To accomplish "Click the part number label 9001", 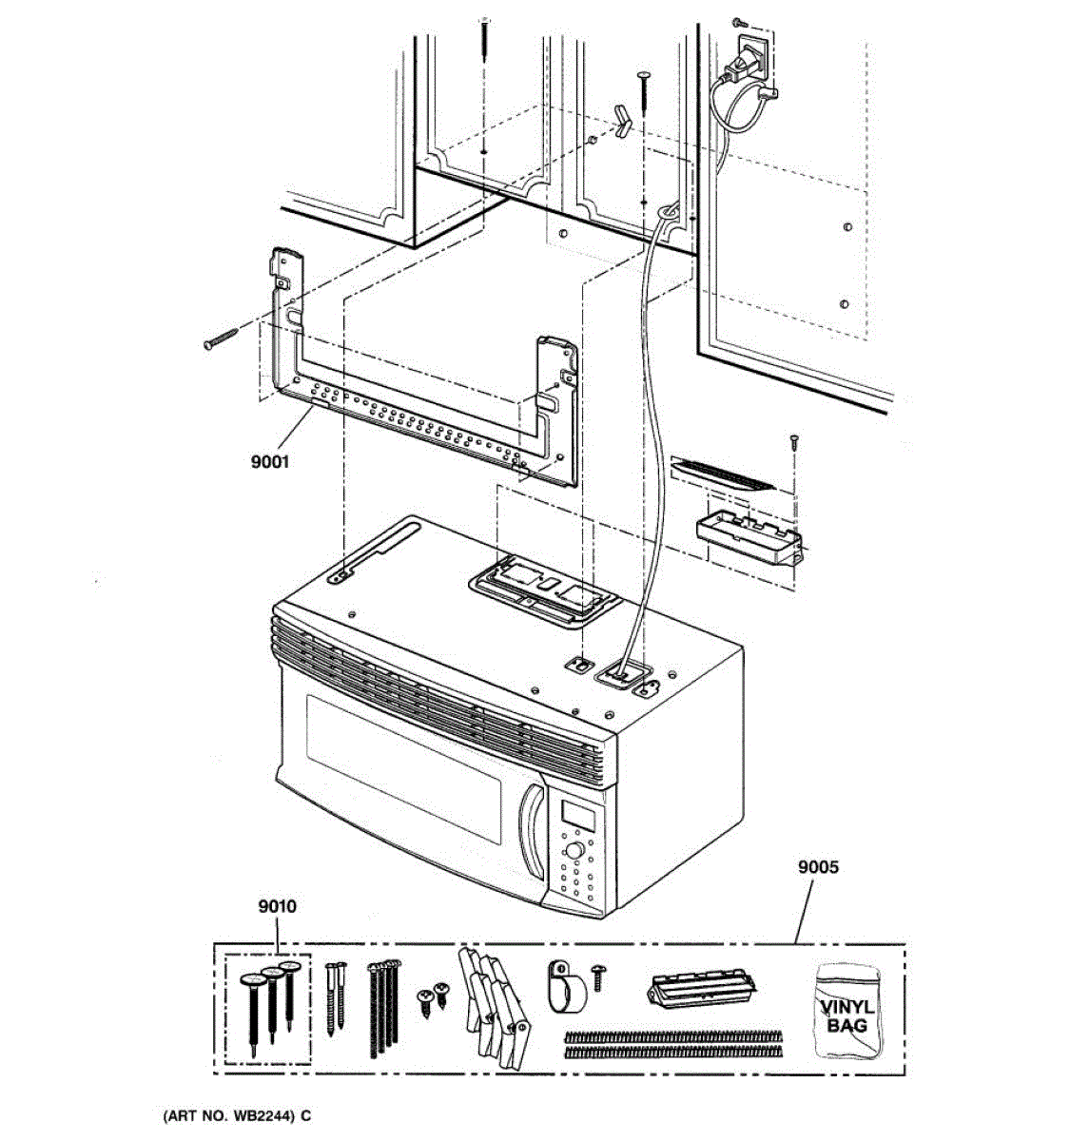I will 271,463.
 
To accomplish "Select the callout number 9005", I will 818,867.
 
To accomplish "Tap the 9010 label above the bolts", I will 277,906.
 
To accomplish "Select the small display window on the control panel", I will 576,814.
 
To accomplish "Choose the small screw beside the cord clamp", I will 599,972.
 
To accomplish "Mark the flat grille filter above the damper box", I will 723,473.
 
